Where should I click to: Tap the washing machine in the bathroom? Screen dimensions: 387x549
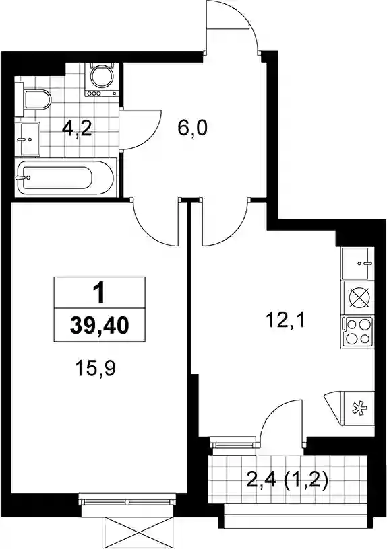point(102,79)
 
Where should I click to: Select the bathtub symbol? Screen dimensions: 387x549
point(66,178)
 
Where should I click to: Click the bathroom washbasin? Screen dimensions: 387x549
point(30,139)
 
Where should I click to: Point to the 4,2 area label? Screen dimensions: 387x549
point(77,129)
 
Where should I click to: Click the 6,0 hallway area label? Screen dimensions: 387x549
point(193,128)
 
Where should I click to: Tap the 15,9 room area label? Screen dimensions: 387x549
point(95,368)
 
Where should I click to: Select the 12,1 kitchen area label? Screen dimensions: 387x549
point(287,320)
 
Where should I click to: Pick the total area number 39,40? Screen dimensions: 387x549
point(100,326)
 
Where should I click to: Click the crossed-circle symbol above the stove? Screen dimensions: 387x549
point(359,298)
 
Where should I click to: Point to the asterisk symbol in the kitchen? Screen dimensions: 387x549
point(359,408)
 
